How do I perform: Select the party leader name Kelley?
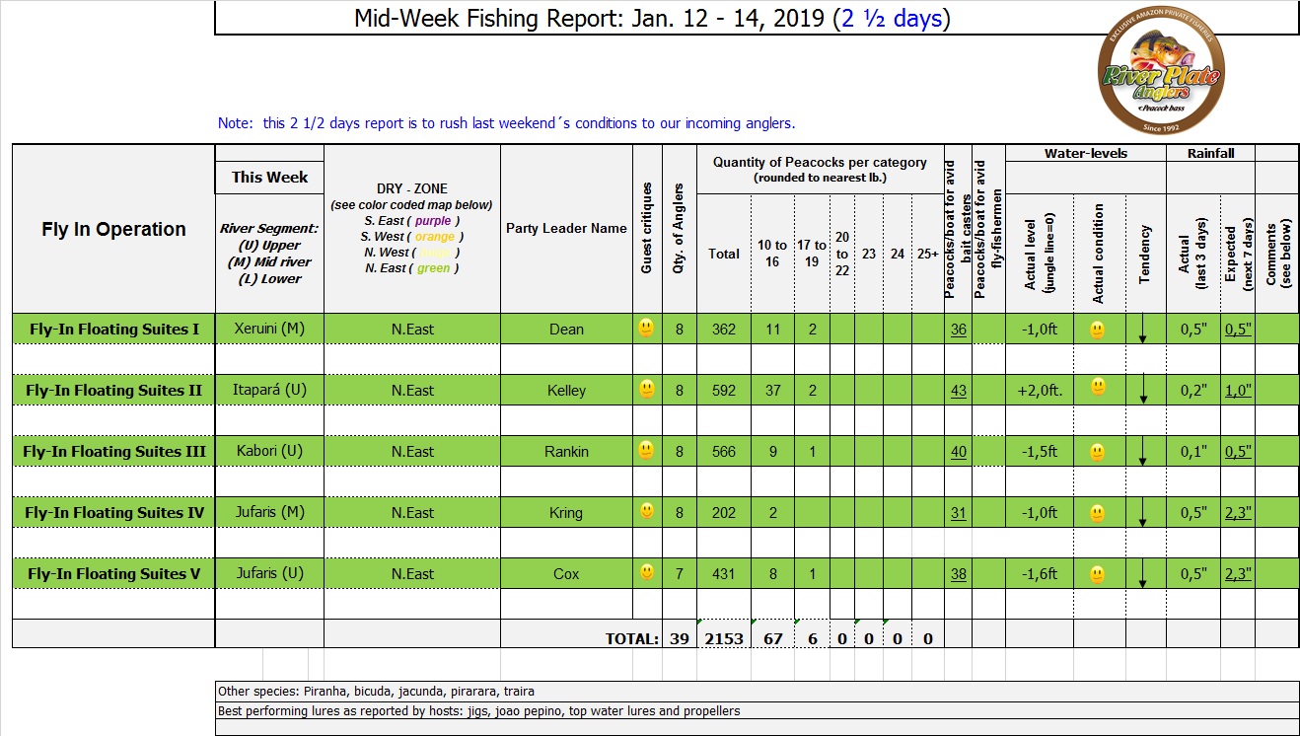pos(566,391)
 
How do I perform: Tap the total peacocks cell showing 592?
pos(723,391)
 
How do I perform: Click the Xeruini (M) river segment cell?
pos(269,330)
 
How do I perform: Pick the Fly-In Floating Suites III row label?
pos(114,452)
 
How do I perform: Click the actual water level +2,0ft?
pos(1040,391)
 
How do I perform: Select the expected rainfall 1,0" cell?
pos(1238,391)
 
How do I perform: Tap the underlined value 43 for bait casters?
pos(958,391)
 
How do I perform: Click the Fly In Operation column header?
pos(113,229)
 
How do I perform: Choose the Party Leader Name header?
pos(566,228)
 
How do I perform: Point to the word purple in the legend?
pos(433,221)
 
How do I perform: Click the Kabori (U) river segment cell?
pos(269,452)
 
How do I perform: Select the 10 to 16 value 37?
pos(772,391)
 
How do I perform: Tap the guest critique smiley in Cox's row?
pos(646,571)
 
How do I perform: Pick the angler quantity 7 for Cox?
pos(679,574)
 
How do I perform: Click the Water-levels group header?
pos(1085,153)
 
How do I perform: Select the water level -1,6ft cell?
pos(1040,574)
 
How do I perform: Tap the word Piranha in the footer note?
pos(304,692)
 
